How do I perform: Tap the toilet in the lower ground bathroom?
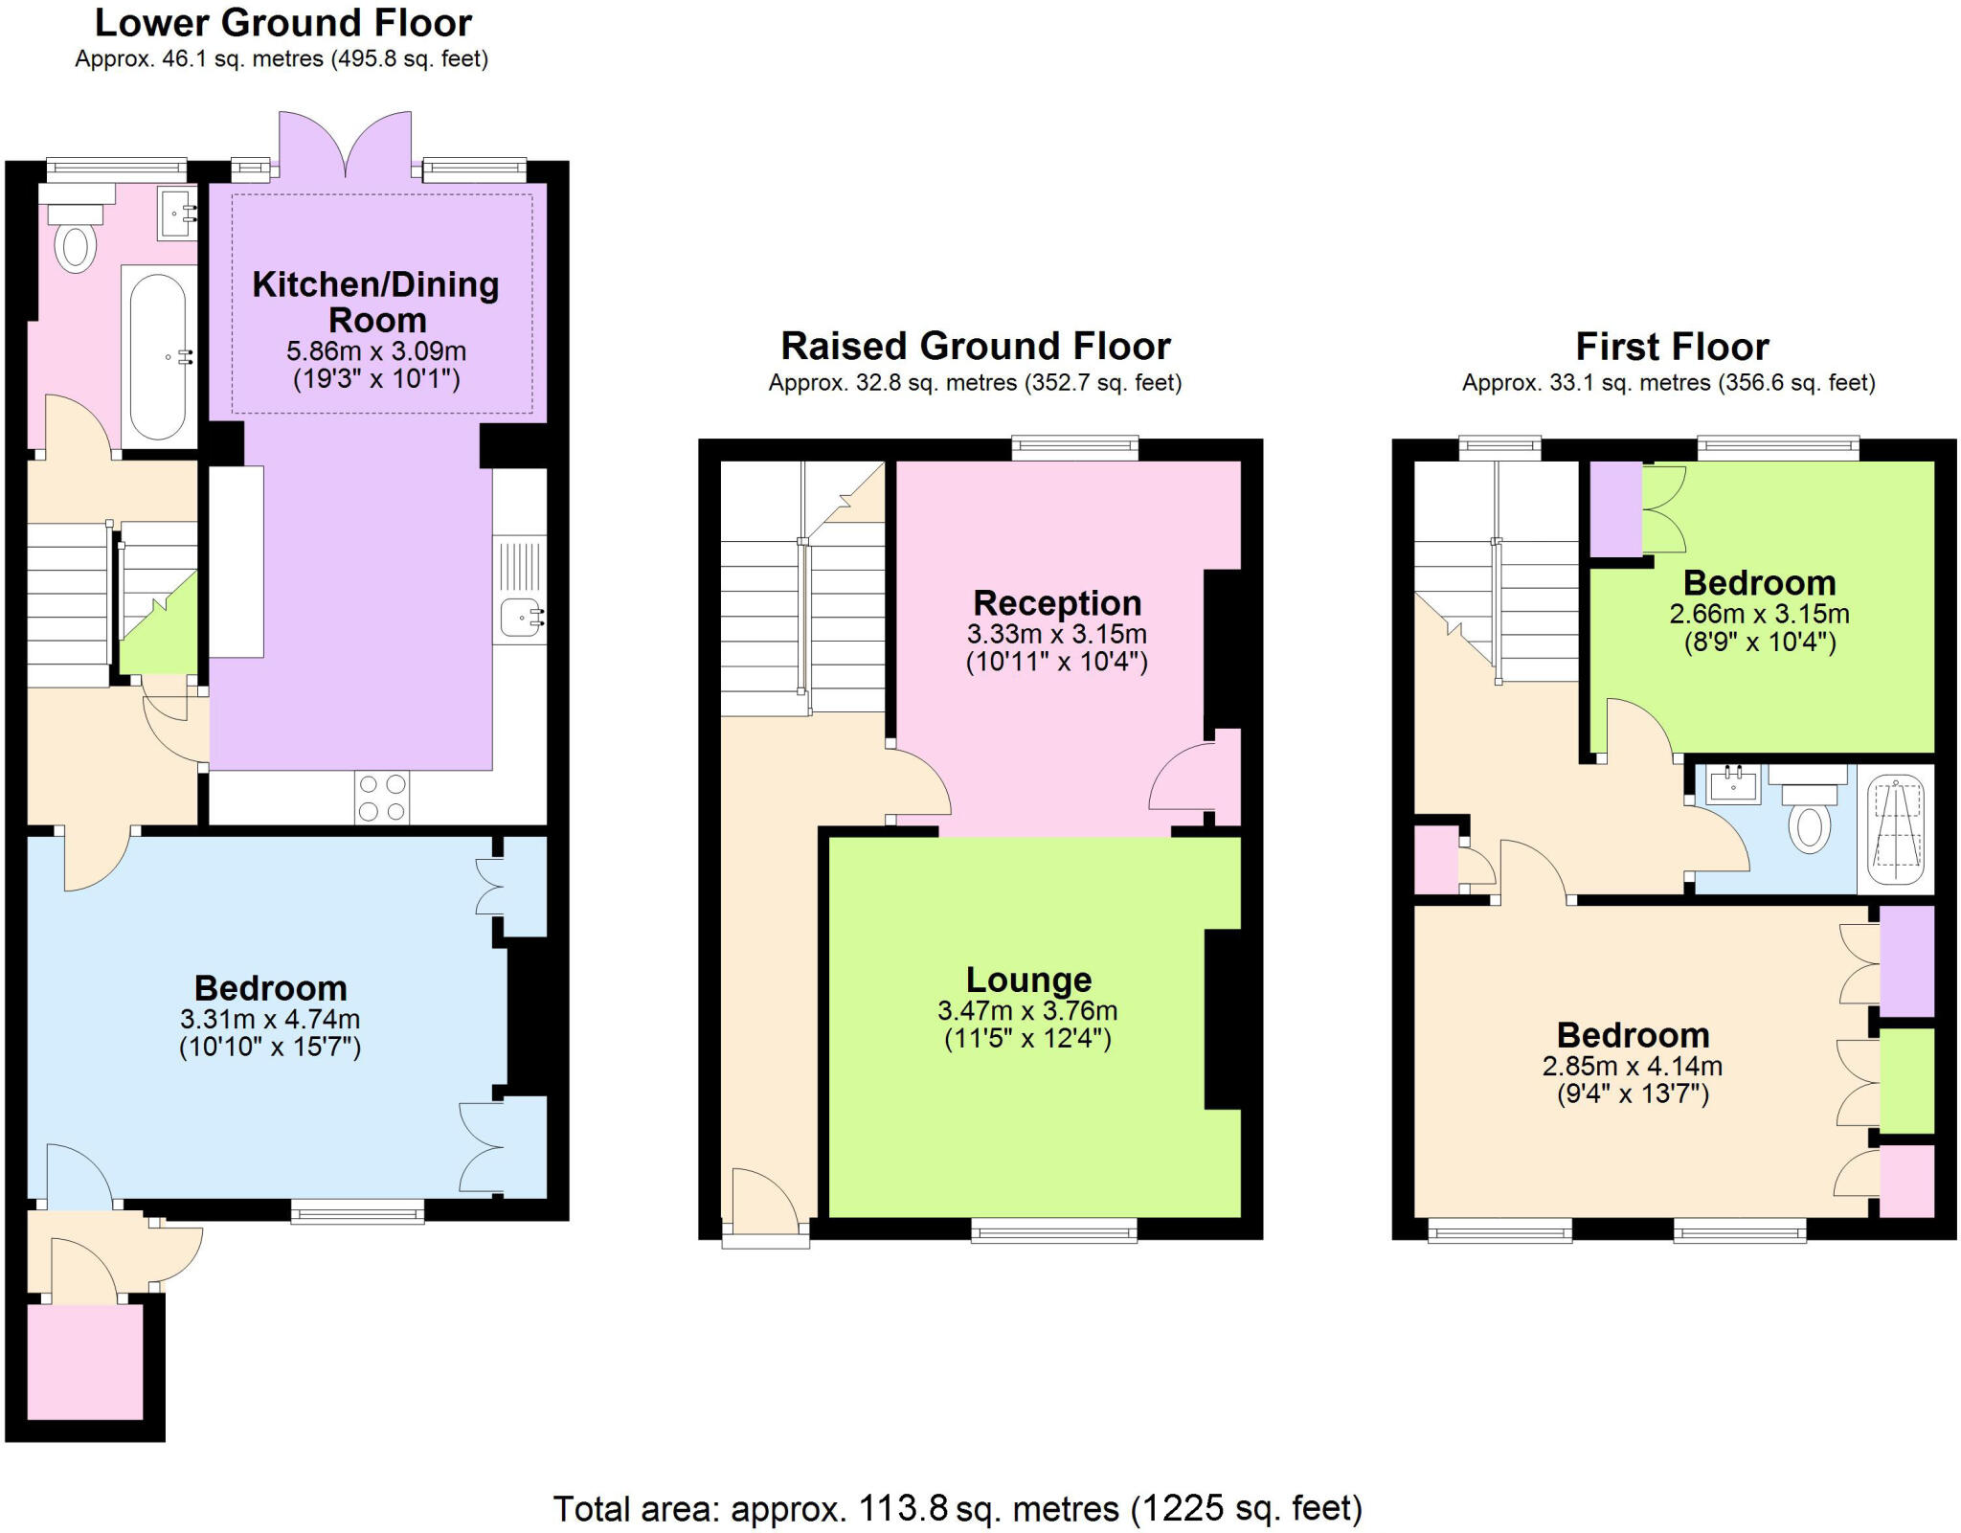pos(75,245)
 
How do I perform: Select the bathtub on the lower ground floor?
pos(158,356)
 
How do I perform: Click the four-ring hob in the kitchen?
pos(382,798)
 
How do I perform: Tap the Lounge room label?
pos(1028,980)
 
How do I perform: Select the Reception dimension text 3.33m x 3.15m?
pos(1056,634)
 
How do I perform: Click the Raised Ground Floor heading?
pos(975,346)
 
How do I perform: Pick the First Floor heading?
pos(1672,346)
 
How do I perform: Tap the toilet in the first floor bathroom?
pos(1809,826)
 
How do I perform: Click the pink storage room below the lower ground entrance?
pos(85,1361)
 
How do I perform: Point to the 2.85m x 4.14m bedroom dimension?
pos(1632,1066)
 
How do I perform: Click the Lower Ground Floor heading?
pos(283,23)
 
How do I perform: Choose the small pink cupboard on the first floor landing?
pos(1435,859)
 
